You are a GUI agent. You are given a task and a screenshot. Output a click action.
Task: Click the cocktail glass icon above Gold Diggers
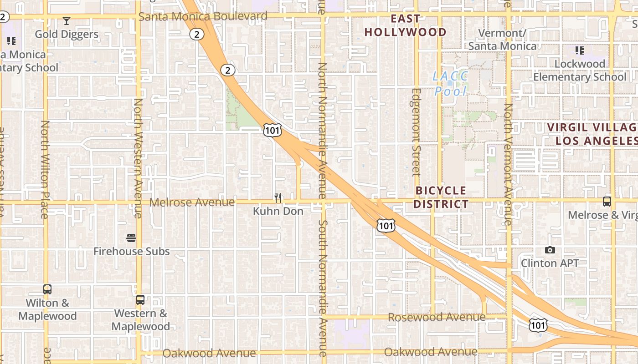(67, 21)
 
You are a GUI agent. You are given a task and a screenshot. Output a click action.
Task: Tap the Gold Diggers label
(67, 34)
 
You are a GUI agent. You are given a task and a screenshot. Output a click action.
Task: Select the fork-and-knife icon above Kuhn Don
(278, 198)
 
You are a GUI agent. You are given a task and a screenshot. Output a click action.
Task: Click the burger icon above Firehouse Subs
(131, 238)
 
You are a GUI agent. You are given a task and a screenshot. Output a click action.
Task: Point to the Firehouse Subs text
(131, 251)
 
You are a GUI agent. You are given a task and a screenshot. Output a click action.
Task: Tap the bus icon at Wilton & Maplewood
(47, 289)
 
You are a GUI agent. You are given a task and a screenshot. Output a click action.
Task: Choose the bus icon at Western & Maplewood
(140, 300)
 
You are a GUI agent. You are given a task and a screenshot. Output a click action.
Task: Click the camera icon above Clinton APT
(550, 250)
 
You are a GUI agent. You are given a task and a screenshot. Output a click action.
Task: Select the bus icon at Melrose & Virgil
(607, 202)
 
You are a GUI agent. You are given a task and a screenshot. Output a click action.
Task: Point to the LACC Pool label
(450, 84)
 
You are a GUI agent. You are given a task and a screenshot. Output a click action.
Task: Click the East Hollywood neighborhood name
(405, 25)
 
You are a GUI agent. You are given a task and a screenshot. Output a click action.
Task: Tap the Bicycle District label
(441, 197)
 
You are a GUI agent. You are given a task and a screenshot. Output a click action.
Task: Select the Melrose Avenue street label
(192, 202)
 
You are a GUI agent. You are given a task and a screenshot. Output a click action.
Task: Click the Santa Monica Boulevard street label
(203, 17)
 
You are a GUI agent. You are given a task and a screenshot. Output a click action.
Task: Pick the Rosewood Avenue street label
(436, 317)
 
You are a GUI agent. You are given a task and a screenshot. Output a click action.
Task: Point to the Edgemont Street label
(416, 132)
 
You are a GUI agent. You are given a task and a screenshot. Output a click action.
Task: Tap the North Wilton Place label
(45, 169)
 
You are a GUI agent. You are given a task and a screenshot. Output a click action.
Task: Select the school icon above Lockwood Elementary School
(580, 50)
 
